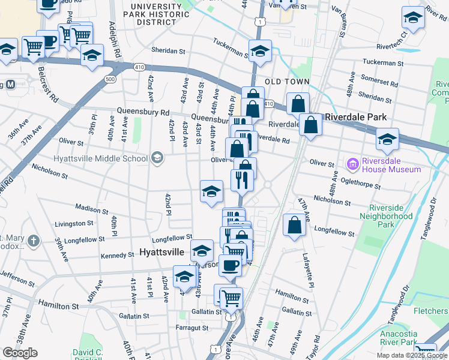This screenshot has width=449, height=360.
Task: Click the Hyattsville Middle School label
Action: pos(100,158)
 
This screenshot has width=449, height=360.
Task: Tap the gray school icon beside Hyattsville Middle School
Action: pos(157,158)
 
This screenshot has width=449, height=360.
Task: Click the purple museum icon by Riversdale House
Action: pos(352,164)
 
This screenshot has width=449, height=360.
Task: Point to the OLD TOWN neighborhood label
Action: pos(288,82)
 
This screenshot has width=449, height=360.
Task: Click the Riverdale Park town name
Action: pos(355,118)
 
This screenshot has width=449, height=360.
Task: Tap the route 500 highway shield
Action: pos(109,79)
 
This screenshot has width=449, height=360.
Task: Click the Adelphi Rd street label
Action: pos(113,40)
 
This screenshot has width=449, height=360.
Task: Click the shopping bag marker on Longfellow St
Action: pos(295,226)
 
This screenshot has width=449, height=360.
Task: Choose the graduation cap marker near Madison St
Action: pos(211,192)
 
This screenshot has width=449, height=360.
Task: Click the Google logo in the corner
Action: pos(20,353)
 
